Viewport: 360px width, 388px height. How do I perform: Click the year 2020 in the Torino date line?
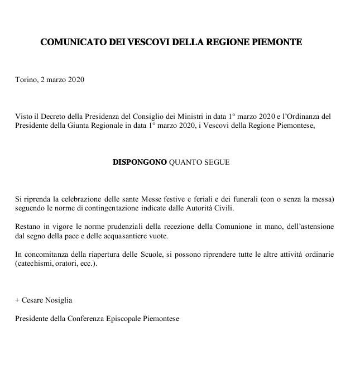click(75, 80)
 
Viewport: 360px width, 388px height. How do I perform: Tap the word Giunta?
click(83, 126)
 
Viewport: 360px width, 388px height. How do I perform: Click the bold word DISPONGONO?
click(140, 162)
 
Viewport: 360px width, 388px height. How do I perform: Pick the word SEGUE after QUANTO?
click(217, 162)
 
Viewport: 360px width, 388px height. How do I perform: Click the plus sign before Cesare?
click(17, 300)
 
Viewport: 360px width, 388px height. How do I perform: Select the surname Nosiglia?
click(59, 300)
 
